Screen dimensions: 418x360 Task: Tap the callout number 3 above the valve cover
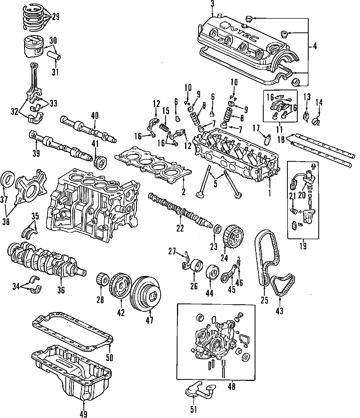click(212, 4)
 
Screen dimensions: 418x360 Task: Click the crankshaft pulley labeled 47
click(147, 292)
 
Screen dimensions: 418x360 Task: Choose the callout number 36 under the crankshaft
click(61, 290)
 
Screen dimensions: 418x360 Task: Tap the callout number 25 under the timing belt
click(264, 300)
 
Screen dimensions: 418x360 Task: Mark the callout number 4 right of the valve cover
click(315, 46)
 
